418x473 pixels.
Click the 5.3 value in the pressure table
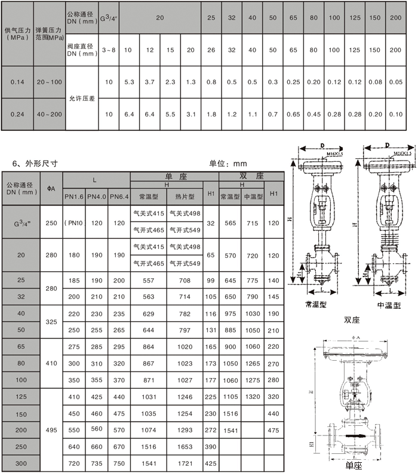pos(128,82)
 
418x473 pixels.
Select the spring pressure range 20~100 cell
pos(48,82)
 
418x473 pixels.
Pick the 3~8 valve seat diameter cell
pos(109,50)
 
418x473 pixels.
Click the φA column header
pos(51,189)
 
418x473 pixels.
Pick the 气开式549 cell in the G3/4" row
pos(185,230)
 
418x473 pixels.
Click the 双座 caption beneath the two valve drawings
pos(352,320)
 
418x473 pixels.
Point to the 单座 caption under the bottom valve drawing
pos(353,465)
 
